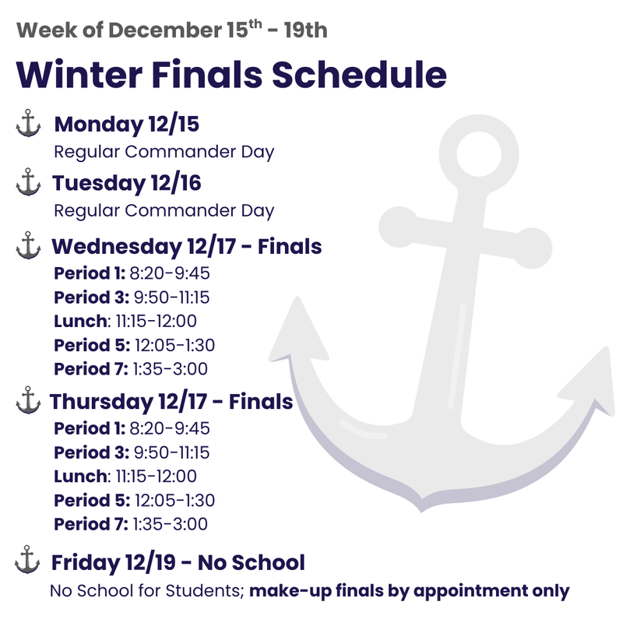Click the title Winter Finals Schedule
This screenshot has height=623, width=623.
[231, 75]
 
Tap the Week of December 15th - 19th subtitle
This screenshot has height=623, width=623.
[171, 31]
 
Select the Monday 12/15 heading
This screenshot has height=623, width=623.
[132, 124]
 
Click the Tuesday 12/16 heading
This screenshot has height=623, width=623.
[127, 183]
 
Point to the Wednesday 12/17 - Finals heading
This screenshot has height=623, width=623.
[187, 246]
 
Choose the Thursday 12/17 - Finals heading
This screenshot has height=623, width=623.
[171, 402]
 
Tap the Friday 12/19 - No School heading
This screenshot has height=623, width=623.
[178, 561]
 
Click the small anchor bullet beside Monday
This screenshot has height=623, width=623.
[28, 125]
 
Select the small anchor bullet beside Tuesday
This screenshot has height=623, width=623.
[28, 184]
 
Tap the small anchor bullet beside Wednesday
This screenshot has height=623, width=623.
[28, 245]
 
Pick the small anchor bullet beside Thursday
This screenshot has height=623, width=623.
[28, 401]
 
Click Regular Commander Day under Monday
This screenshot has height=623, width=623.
[164, 151]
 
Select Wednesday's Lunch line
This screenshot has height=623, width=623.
[125, 321]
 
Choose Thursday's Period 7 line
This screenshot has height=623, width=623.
[130, 523]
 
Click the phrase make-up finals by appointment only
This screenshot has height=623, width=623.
[410, 590]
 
